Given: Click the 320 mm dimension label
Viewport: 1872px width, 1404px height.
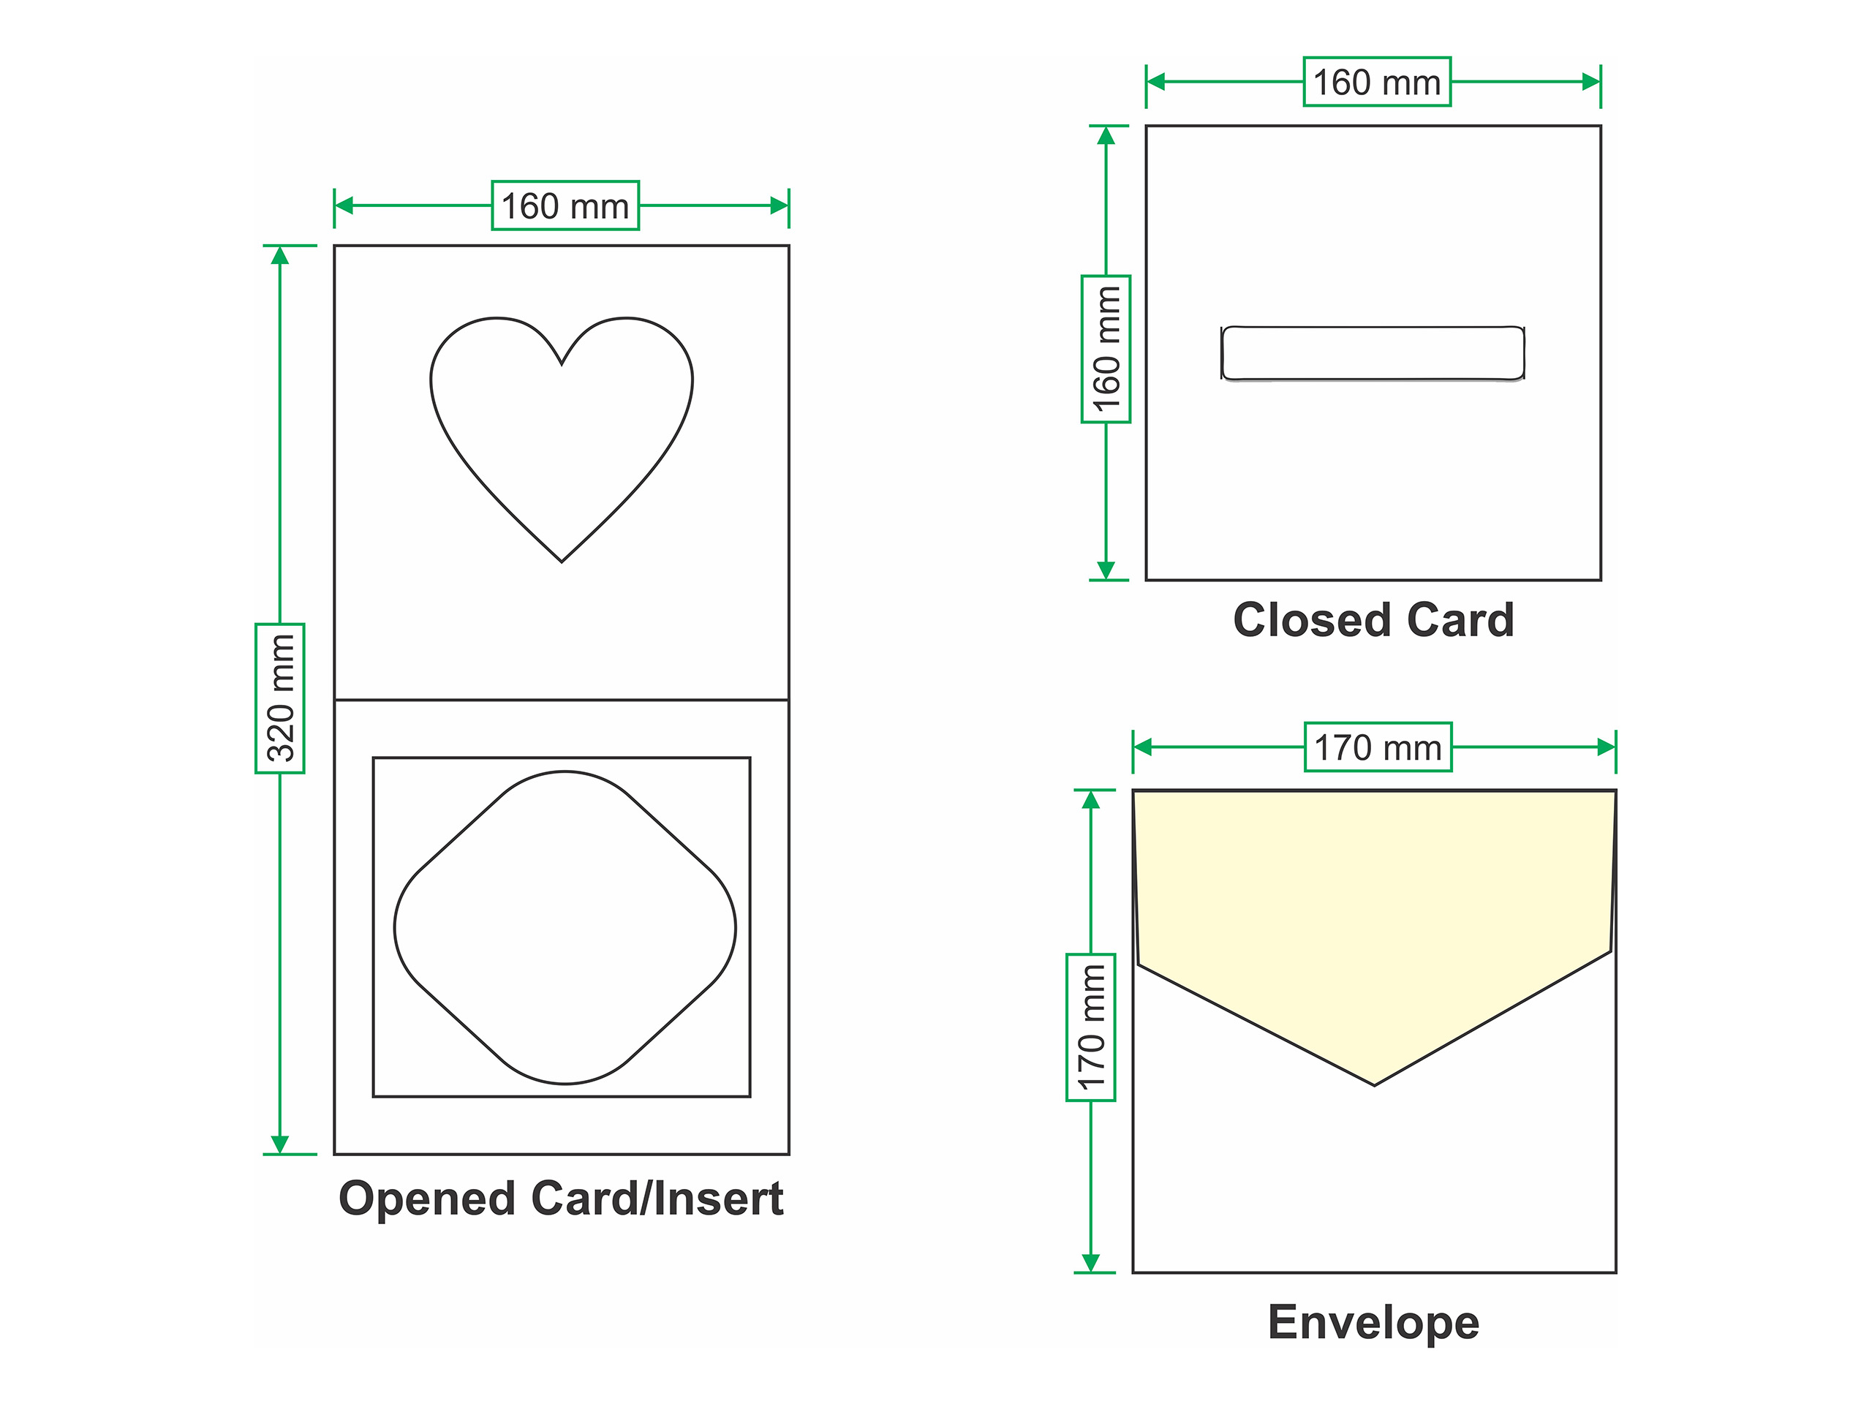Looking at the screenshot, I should [280, 698].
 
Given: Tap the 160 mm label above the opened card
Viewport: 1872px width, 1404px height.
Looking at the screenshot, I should [565, 205].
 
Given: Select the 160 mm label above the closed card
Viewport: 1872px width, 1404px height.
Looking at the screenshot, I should [1377, 82].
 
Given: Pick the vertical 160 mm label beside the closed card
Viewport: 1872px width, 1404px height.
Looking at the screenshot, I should [1106, 349].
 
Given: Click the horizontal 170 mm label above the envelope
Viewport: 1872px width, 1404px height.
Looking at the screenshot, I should [1378, 747].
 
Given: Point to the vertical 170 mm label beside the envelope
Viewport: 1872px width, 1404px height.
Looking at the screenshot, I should [1091, 1027].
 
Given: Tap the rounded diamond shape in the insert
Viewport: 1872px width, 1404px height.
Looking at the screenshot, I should [565, 927].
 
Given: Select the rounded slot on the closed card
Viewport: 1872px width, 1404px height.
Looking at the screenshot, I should [1373, 353].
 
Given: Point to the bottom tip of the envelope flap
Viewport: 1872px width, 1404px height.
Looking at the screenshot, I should [1374, 1083].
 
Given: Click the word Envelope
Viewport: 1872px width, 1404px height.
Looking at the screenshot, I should [1373, 1322].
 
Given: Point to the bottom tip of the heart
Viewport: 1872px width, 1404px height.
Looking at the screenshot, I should [562, 560].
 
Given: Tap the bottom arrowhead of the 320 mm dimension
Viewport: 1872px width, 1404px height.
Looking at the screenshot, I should [280, 1144].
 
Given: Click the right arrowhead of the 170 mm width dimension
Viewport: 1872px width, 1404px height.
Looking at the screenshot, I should [1605, 747].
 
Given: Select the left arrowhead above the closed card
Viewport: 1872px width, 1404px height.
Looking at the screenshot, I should [1156, 82].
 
